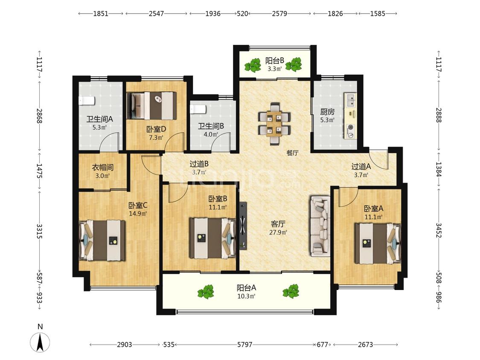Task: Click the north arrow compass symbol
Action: point(40,342)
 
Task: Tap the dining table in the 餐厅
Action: point(274,124)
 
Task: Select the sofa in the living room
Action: point(320,226)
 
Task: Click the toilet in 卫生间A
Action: point(87,100)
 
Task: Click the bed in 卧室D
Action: point(152,106)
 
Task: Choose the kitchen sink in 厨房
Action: point(351,100)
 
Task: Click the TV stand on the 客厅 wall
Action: point(243,226)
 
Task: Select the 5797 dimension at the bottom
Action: point(244,345)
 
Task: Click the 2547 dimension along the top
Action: point(156,14)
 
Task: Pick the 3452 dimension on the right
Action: point(439,230)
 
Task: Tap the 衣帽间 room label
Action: point(102,168)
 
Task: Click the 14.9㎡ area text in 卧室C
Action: point(138,214)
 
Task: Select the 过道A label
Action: point(361,166)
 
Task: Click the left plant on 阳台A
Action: point(206,292)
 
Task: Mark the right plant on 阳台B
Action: point(294,64)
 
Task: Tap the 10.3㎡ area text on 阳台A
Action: point(247,296)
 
